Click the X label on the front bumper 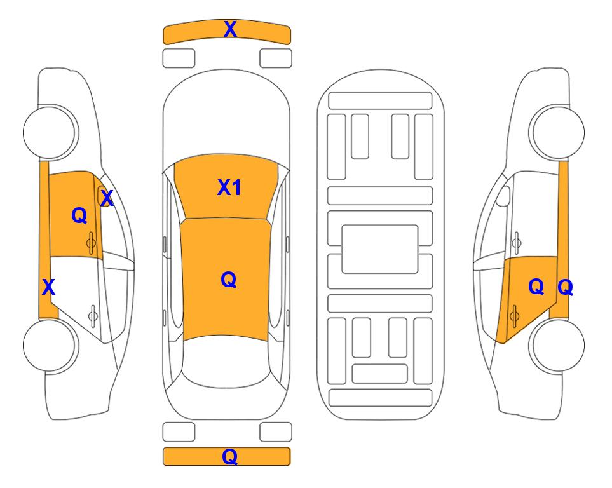coord(230,29)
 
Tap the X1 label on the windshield coord(229,187)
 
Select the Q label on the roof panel coord(229,280)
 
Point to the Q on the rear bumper coord(230,456)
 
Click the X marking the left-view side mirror coord(107,198)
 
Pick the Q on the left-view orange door coord(79,215)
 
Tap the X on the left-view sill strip coord(48,287)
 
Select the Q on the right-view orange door coord(536,287)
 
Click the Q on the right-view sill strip coord(566,287)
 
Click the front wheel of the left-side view coord(50,132)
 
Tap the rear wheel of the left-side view coord(50,345)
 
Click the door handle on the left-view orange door coord(91,243)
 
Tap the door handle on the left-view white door coord(93,315)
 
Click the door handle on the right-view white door coord(517,243)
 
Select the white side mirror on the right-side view coord(503,196)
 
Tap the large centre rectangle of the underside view coord(380,249)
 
